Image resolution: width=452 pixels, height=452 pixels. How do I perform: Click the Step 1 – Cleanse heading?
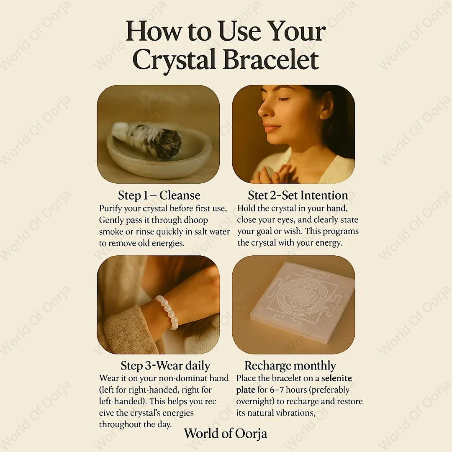(159, 196)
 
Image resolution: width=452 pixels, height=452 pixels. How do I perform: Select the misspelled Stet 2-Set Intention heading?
(298, 196)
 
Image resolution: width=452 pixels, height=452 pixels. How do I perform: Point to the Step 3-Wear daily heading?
(165, 365)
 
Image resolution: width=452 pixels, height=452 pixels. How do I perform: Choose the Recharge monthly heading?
(290, 366)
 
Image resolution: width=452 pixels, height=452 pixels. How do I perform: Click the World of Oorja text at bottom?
(226, 434)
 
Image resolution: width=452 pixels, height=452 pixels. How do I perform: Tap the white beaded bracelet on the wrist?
(168, 312)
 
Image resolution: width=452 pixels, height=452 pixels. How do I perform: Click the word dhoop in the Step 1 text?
(196, 220)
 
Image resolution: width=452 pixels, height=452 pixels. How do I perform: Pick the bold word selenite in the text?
(336, 378)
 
